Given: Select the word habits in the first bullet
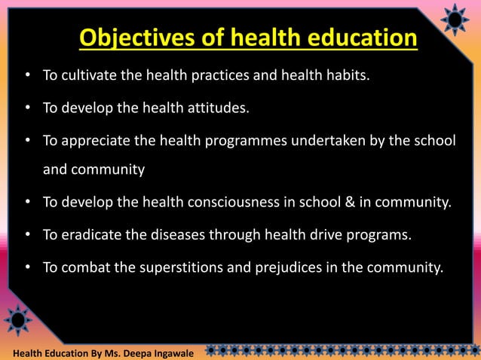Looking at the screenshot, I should pyautogui.click(x=348, y=76).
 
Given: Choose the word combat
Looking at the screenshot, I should pyautogui.click(x=84, y=266).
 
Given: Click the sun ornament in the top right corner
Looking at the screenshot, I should pyautogui.click(x=455, y=20).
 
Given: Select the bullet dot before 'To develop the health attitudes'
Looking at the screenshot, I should pyautogui.click(x=27, y=108).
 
